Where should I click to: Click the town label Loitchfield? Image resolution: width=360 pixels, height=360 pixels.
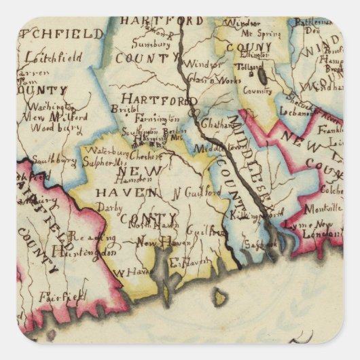pyautogui.click(x=52, y=58)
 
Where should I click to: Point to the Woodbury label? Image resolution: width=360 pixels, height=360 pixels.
pyautogui.click(x=50, y=126)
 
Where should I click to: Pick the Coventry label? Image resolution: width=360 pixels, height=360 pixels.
pyautogui.click(x=256, y=90)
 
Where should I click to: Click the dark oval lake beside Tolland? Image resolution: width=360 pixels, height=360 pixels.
pyautogui.click(x=262, y=75)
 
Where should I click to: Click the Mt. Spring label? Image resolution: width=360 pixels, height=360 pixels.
pyautogui.click(x=254, y=32)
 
